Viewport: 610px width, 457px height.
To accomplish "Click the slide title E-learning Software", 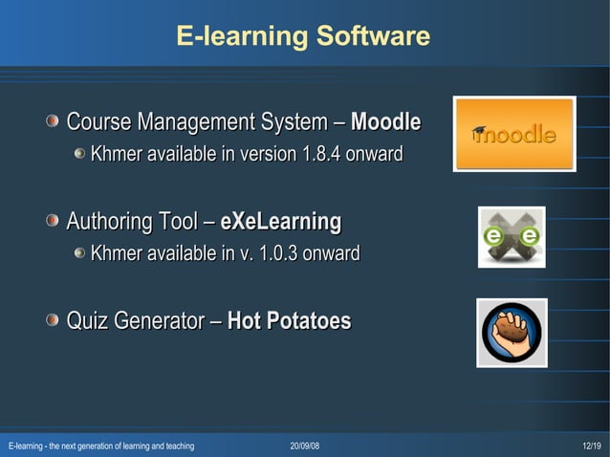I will (303, 37).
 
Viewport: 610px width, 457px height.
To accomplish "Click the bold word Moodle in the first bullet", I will (386, 122).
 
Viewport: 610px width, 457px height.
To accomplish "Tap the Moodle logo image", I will (514, 135).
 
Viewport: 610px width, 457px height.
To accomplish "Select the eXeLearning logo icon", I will (512, 236).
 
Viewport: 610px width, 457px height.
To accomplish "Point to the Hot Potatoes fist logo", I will (512, 332).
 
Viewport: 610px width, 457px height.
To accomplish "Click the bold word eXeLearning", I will (280, 223).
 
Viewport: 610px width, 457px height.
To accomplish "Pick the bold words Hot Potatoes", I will (289, 321).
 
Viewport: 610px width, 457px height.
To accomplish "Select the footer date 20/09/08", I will (305, 446).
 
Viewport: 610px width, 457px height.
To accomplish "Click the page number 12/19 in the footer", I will (591, 446).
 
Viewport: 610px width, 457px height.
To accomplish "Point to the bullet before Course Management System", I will (53, 121).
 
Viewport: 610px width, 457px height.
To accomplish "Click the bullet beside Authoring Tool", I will (53, 222).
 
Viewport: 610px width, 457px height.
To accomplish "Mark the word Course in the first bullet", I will (99, 122).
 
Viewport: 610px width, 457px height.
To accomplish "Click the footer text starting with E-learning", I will (101, 446).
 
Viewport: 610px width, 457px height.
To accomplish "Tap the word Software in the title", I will (370, 37).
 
